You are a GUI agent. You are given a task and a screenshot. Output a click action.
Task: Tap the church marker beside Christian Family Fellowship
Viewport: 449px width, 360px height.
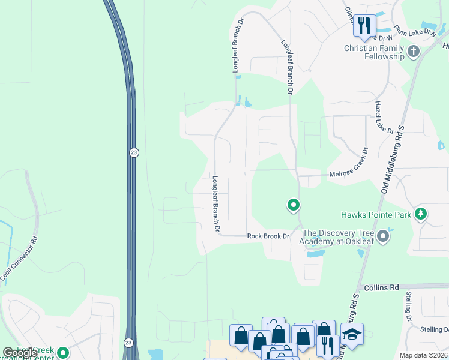(412, 52)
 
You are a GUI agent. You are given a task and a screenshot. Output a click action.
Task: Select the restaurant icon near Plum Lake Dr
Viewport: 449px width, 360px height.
(364, 25)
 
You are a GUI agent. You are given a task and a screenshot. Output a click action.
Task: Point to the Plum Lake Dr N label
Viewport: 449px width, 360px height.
(414, 32)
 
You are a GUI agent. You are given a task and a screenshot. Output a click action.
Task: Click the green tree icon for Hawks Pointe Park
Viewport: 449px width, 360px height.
(421, 214)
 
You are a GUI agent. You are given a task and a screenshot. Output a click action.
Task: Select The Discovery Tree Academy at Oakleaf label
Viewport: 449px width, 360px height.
(338, 237)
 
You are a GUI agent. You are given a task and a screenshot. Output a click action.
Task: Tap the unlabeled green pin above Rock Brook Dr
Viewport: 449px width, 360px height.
(293, 206)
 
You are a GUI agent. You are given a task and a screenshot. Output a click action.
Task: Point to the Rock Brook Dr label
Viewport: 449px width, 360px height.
(268, 236)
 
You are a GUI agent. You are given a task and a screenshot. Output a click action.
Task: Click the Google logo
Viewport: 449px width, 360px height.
(19, 353)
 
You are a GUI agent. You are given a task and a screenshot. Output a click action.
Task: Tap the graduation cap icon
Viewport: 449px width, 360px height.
(352, 334)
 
